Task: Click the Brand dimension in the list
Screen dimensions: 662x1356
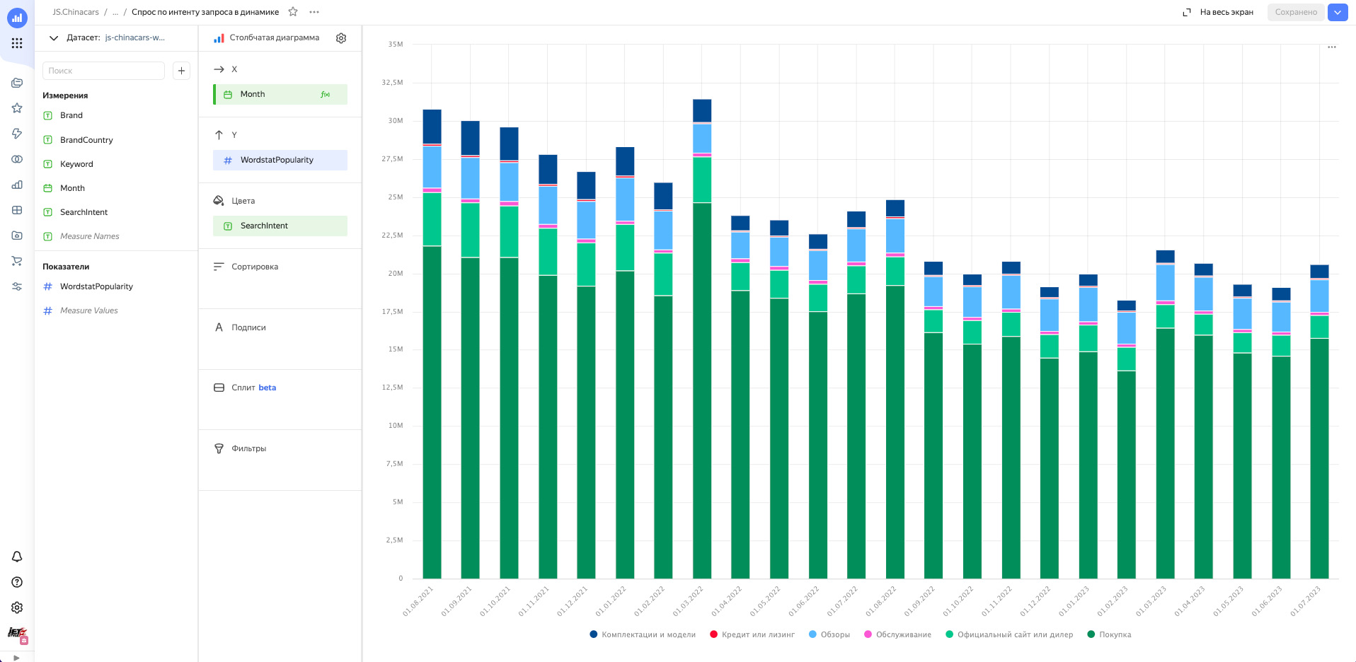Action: [71, 115]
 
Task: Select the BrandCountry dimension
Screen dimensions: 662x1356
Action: [86, 140]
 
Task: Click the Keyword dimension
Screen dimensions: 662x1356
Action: [76, 164]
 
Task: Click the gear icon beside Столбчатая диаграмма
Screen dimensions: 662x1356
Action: [341, 38]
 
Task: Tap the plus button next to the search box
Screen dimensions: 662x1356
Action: [181, 71]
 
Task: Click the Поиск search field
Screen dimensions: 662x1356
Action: [103, 71]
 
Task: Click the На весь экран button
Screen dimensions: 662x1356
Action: [1219, 12]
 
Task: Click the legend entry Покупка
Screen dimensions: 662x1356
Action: [1115, 634]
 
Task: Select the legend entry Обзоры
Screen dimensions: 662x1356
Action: [834, 634]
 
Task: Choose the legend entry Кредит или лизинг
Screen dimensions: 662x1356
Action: [757, 634]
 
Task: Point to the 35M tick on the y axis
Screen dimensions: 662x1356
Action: [395, 45]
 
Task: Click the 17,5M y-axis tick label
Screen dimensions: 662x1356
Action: [392, 311]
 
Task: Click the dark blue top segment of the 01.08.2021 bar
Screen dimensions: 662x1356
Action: [432, 127]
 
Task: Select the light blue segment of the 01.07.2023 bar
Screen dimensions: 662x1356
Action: [1319, 296]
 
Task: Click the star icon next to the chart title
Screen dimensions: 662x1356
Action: [293, 12]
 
